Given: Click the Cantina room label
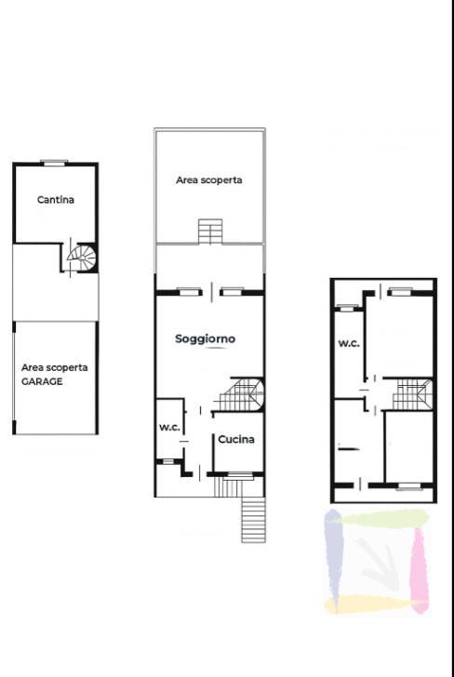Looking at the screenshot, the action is pyautogui.click(x=55, y=200).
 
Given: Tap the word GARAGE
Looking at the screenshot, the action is pyautogui.click(x=42, y=381).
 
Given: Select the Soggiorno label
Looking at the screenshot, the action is pyautogui.click(x=206, y=338).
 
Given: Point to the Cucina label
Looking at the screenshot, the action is pyautogui.click(x=236, y=440).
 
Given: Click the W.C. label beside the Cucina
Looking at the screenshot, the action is pyautogui.click(x=169, y=428).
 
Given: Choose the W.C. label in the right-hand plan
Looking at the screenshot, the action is pyautogui.click(x=349, y=344).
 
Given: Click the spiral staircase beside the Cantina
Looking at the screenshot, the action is pyautogui.click(x=82, y=258).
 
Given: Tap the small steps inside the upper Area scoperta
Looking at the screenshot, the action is pyautogui.click(x=210, y=232).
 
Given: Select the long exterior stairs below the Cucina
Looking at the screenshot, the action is pyautogui.click(x=254, y=520).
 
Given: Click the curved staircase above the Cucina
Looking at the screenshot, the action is pyautogui.click(x=241, y=394).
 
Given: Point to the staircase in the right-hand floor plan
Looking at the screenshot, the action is pyautogui.click(x=412, y=394).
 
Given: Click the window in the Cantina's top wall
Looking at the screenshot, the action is pyautogui.click(x=54, y=163).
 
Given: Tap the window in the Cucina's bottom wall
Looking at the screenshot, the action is pyautogui.click(x=241, y=475).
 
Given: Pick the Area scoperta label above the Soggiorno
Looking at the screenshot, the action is pyautogui.click(x=208, y=180).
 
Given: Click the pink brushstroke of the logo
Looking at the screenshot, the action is pyautogui.click(x=419, y=570).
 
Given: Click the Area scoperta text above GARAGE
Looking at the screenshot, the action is pyautogui.click(x=55, y=368).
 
